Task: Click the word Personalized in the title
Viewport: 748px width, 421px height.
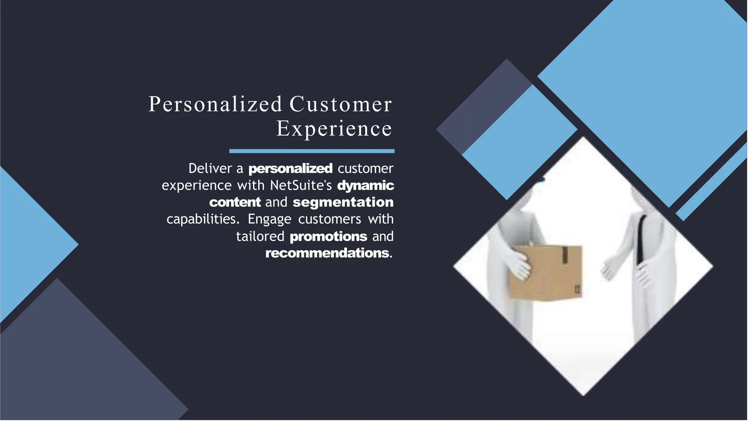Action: (x=215, y=105)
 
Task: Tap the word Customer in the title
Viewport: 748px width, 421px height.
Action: (x=340, y=105)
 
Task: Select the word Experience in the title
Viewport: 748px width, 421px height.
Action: (x=334, y=129)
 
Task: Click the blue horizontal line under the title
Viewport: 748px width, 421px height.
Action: (x=312, y=151)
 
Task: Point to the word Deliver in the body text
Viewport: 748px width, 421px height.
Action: (x=210, y=168)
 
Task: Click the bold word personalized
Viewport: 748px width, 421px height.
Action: (x=290, y=169)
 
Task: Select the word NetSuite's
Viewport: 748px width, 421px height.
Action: (x=301, y=185)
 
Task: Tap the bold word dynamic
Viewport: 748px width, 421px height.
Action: (x=366, y=185)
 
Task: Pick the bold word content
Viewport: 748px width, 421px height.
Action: (x=235, y=202)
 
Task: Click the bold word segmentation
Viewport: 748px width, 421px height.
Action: (x=343, y=202)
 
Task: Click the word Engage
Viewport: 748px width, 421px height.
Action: (x=269, y=219)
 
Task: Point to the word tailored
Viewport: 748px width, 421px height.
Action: (x=260, y=236)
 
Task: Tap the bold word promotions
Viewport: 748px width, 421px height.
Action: (x=328, y=236)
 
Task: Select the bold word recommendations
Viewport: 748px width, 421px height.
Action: (x=327, y=253)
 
